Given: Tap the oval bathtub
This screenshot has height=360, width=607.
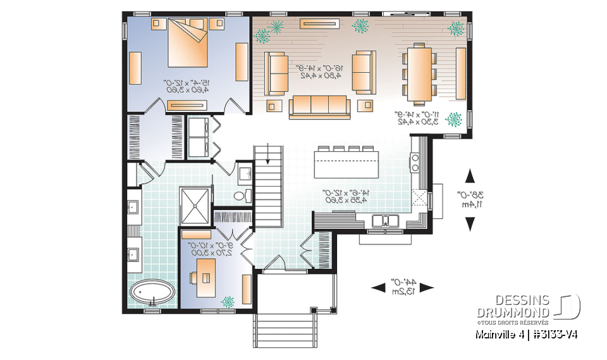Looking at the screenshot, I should pyautogui.click(x=153, y=294).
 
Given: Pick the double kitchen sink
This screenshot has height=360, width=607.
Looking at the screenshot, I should pyautogui.click(x=384, y=221).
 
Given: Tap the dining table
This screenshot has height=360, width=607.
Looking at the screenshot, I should pyautogui.click(x=417, y=72).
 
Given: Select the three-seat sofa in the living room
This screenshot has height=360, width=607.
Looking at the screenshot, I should pyautogui.click(x=319, y=107).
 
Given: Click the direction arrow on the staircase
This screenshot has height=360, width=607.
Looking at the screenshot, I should pyautogui.click(x=269, y=154).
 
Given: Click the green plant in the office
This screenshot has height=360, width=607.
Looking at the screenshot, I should pyautogui.click(x=226, y=302).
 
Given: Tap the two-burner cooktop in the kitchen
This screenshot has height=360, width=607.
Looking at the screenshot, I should pyautogui.click(x=415, y=160).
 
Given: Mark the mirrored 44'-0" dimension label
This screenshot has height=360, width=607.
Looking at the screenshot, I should pyautogui.click(x=402, y=281).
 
